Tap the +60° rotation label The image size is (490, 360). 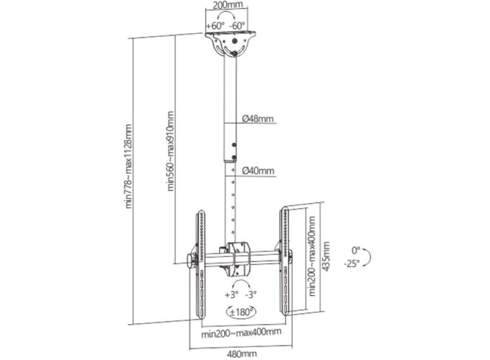tap(215, 26)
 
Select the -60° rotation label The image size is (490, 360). tap(237, 26)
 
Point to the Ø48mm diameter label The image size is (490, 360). tap(258, 119)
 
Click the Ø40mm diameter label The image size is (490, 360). tap(258, 171)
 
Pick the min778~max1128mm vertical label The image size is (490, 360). tap(128, 166)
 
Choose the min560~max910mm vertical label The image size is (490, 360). tap(170, 150)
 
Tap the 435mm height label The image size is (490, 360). tap(326, 256)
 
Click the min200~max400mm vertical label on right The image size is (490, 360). tap(312, 256)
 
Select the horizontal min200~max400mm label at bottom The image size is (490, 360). tap(241, 333)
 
